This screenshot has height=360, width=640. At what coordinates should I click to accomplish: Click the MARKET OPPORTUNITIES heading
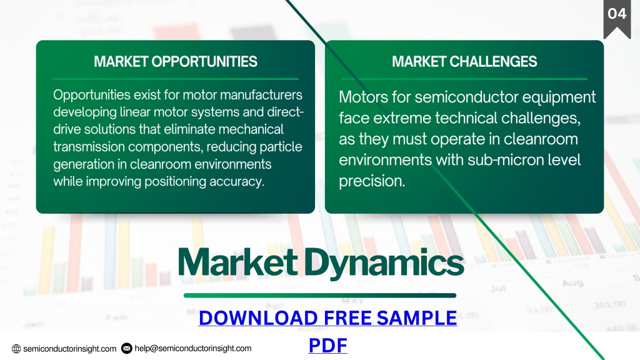(176, 62)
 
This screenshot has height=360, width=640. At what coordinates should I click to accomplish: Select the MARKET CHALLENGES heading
(464, 62)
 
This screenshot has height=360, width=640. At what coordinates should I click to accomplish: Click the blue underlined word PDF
(327, 345)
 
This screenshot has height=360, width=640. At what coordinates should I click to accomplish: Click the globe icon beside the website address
(16, 349)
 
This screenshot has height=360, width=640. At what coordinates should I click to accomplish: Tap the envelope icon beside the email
(127, 348)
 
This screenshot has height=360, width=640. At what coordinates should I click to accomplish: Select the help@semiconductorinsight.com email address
(193, 348)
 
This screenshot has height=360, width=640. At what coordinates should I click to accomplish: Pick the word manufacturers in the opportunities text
(261, 95)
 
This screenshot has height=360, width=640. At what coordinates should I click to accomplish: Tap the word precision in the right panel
(372, 181)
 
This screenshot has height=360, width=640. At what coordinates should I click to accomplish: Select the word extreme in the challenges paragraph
(402, 118)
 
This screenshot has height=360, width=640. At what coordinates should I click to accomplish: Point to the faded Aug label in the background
(572, 283)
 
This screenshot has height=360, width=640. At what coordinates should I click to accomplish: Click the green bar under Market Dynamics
(320, 296)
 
